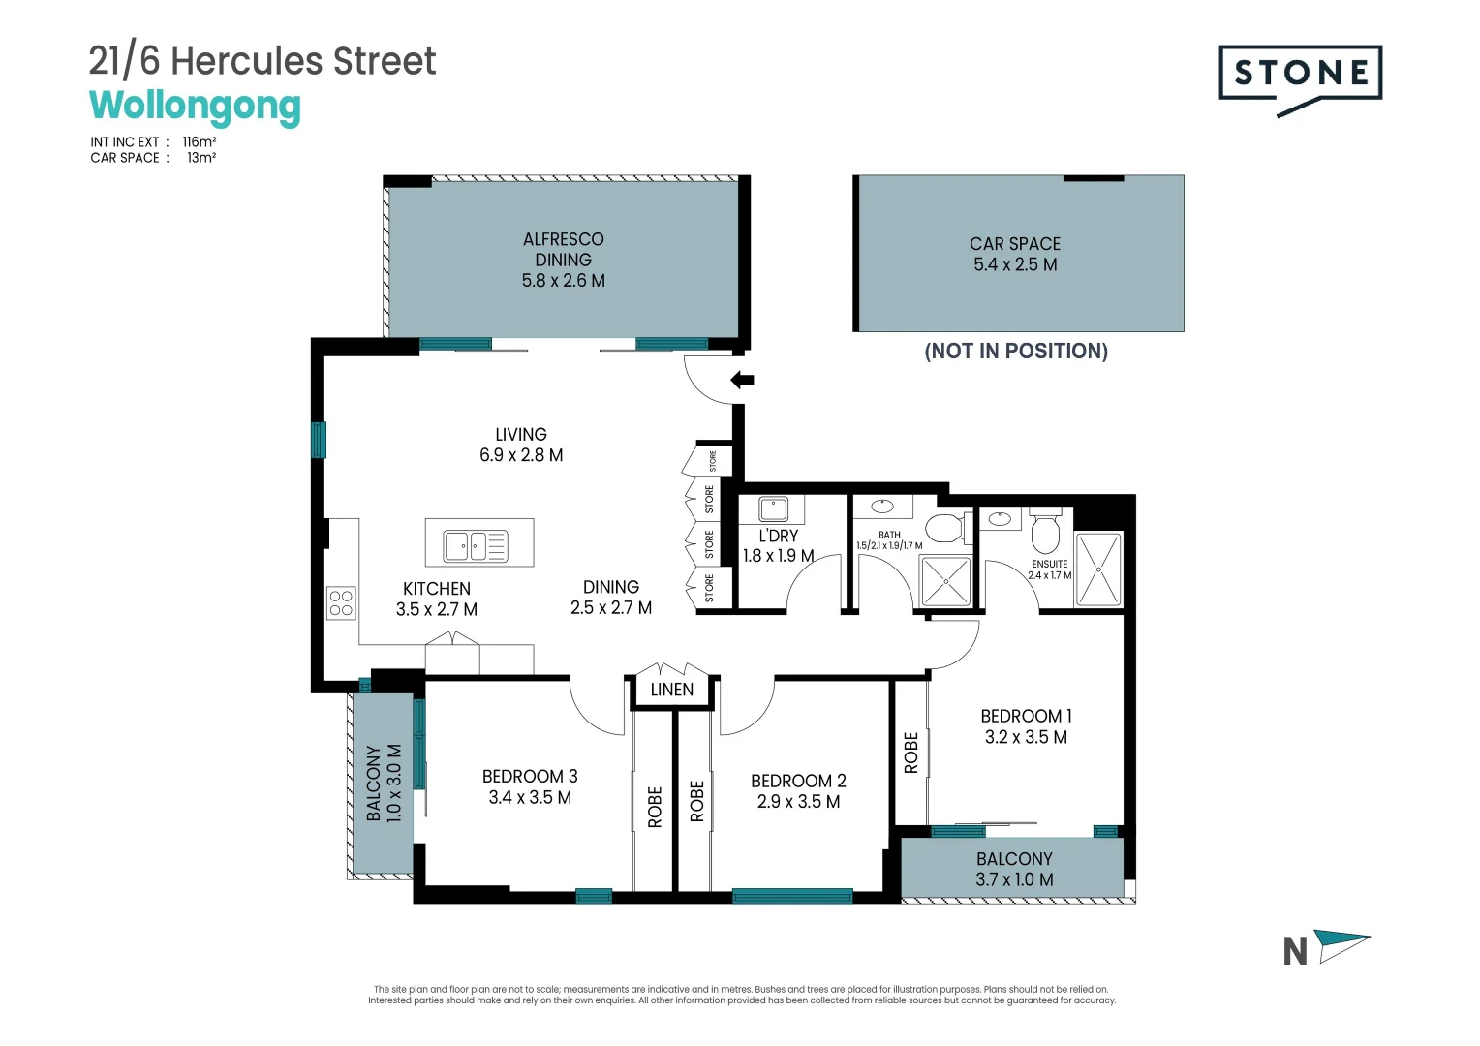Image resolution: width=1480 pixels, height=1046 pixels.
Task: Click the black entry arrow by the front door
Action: click(742, 380)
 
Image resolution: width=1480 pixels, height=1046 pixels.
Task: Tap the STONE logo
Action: click(1300, 74)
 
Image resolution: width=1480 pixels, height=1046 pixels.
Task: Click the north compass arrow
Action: click(1342, 945)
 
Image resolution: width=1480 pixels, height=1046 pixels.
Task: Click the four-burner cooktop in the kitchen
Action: click(341, 603)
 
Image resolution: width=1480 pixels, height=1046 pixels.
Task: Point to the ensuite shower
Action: click(1098, 570)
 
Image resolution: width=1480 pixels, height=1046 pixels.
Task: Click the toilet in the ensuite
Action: click(1045, 530)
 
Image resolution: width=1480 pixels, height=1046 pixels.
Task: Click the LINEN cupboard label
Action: click(671, 690)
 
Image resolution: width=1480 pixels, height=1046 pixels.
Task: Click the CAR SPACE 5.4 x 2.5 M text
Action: click(1015, 254)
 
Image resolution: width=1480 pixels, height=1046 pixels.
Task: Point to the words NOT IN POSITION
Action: click(1016, 351)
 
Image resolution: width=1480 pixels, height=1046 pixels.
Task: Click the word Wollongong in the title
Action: click(195, 106)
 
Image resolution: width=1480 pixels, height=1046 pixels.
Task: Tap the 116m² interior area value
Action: click(200, 141)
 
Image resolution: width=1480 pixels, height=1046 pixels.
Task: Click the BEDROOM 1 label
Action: click(1026, 716)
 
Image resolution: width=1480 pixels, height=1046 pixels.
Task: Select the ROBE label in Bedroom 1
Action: click(910, 753)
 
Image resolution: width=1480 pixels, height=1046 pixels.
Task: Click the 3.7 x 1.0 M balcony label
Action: click(1014, 879)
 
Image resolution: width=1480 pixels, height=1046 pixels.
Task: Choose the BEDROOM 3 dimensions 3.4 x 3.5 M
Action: click(530, 797)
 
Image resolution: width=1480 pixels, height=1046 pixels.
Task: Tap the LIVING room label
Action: click(521, 435)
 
